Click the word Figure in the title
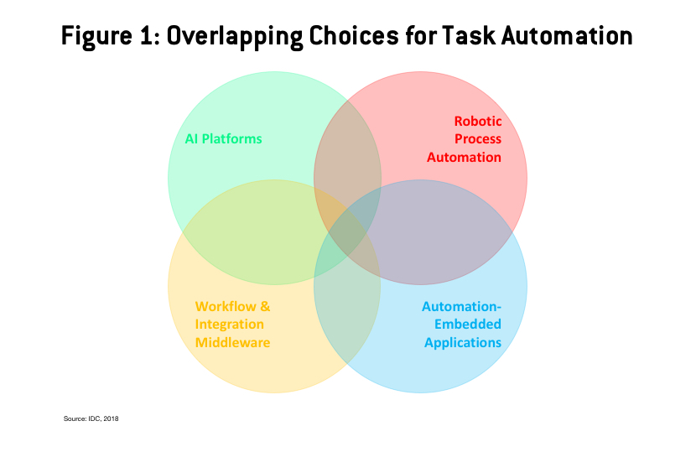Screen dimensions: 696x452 pyautogui.click(x=96, y=36)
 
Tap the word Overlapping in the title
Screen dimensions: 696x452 pyautogui.click(x=235, y=36)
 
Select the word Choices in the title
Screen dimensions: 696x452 pyautogui.click(x=354, y=35)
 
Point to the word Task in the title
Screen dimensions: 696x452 pyautogui.click(x=468, y=35)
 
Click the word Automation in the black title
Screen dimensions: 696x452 pyautogui.click(x=567, y=35)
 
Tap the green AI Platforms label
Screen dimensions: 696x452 pyautogui.click(x=223, y=139)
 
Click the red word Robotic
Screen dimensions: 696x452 pyautogui.click(x=478, y=121)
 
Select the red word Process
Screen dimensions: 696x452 pyautogui.click(x=478, y=139)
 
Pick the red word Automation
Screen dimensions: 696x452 pyautogui.click(x=464, y=157)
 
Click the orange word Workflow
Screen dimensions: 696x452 pyautogui.click(x=226, y=306)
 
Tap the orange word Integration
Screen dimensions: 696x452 pyautogui.click(x=230, y=325)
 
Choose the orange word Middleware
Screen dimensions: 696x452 pyautogui.click(x=232, y=342)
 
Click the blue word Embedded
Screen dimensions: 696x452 pyautogui.click(x=468, y=325)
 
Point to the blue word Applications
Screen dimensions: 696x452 pyautogui.click(x=463, y=343)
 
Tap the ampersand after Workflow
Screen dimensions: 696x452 pyautogui.click(x=265, y=306)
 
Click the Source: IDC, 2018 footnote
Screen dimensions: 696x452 pyautogui.click(x=91, y=418)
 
